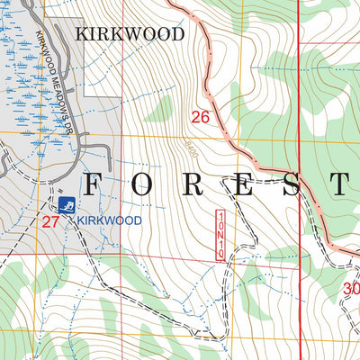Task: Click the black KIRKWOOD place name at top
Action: click(x=130, y=34)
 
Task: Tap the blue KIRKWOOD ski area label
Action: click(x=109, y=220)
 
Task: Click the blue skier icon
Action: click(x=66, y=204)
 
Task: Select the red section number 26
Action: click(x=200, y=116)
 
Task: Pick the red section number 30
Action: click(x=352, y=289)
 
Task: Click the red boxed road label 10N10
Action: click(x=220, y=236)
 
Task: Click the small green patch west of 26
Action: click(x=159, y=108)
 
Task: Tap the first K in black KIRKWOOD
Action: click(x=83, y=34)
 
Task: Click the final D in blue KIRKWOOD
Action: click(x=139, y=220)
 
